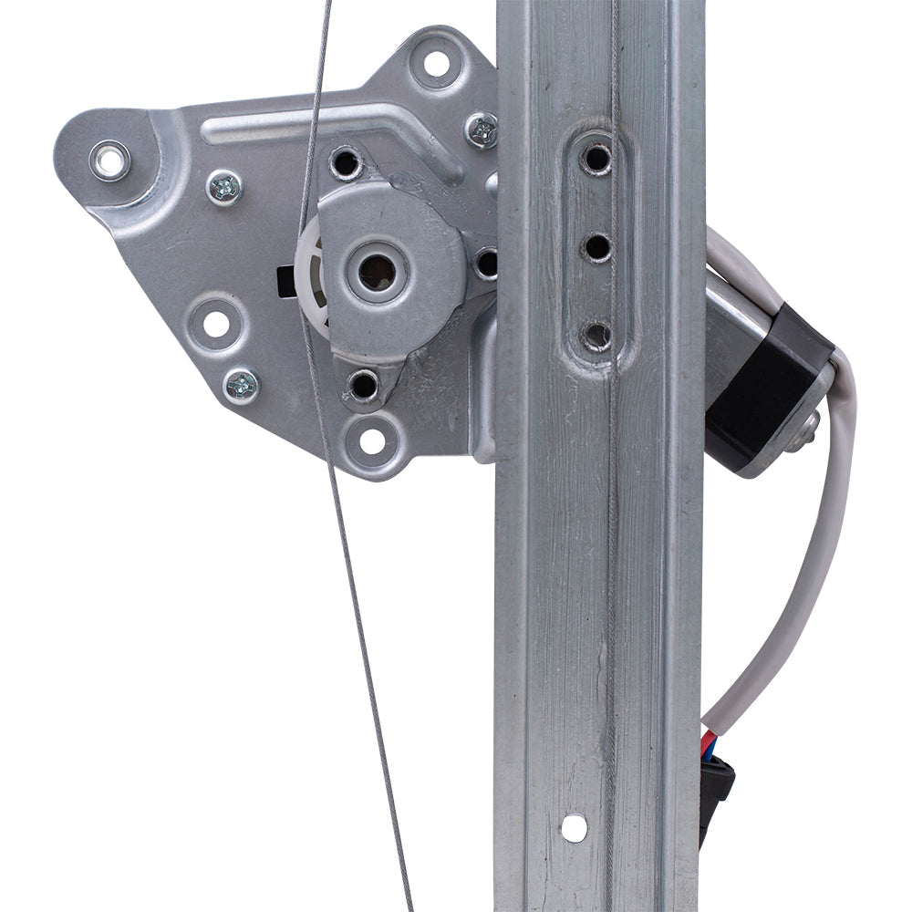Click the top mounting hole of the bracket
[436, 64]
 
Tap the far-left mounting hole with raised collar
[109, 161]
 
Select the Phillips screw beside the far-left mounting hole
[223, 188]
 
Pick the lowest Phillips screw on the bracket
[241, 385]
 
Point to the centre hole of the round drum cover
[377, 271]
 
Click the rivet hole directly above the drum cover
[346, 164]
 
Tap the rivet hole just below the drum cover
[363, 385]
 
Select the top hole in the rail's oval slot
[596, 160]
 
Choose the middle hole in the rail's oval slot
[597, 246]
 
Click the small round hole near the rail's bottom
[574, 827]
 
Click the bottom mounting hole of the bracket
[372, 440]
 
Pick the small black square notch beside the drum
[284, 274]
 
